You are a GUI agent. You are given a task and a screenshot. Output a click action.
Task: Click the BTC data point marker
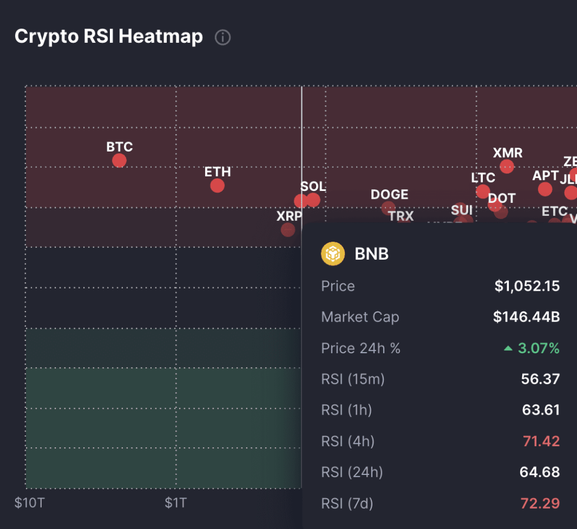tap(119, 161)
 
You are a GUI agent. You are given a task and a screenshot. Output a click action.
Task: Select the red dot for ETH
tap(217, 185)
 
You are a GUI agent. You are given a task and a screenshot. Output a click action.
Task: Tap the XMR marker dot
tap(507, 166)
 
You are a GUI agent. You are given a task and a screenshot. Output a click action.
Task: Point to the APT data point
tap(545, 189)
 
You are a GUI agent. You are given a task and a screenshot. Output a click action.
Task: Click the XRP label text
tap(289, 216)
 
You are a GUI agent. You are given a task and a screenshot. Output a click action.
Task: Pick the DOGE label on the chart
tap(389, 194)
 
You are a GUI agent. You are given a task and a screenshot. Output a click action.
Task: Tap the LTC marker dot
tap(482, 192)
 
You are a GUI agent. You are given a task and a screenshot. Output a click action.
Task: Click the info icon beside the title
tap(223, 38)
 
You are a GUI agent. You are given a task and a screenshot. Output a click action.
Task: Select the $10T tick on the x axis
tap(29, 503)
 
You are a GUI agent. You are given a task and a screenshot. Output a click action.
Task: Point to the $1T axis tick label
tap(176, 503)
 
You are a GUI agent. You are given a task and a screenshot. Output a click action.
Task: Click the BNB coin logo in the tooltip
tap(332, 254)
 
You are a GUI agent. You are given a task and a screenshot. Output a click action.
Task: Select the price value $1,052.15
tap(527, 286)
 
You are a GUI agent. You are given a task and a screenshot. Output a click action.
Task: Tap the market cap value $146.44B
tap(526, 317)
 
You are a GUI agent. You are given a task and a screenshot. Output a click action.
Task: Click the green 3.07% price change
tap(538, 349)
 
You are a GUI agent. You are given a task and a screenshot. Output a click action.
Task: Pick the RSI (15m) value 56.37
tap(540, 379)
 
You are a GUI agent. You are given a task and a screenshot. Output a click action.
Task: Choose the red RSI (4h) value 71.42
tap(541, 441)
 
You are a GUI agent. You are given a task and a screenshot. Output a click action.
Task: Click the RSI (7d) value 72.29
tap(541, 503)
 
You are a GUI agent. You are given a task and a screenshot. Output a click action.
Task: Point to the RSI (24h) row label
tap(352, 472)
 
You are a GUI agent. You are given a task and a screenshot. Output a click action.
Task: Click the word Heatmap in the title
tap(161, 37)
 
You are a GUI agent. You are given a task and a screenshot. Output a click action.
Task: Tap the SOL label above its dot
tap(313, 186)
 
